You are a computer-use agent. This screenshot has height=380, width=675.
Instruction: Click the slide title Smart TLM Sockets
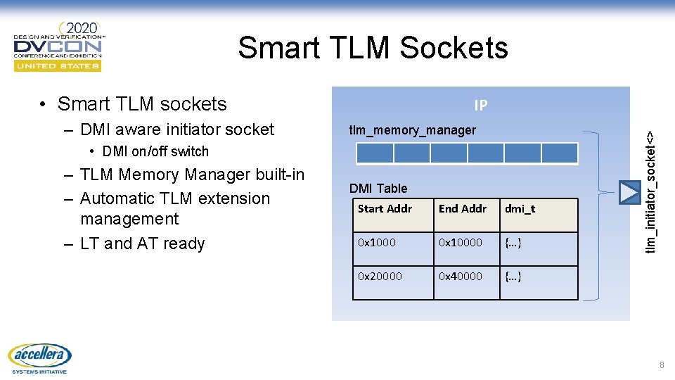[373, 48]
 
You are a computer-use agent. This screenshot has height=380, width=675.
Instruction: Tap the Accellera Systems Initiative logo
[39, 357]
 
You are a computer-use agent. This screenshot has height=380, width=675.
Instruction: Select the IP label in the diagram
[481, 106]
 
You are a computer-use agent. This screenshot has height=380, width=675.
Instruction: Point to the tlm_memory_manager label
[413, 130]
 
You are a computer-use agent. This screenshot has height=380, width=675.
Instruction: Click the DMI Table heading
[378, 188]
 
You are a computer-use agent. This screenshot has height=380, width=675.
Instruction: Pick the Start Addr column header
[385, 208]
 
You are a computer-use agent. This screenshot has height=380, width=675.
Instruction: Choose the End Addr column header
[463, 208]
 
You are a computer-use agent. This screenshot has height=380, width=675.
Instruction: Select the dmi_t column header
[520, 208]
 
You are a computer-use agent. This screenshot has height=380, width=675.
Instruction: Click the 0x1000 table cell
[377, 242]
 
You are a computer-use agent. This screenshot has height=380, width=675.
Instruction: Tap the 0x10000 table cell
[461, 242]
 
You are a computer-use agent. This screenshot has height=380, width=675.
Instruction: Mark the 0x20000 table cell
[380, 276]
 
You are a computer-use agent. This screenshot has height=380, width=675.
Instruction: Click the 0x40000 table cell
[461, 276]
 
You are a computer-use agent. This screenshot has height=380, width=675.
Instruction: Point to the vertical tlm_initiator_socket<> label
[652, 191]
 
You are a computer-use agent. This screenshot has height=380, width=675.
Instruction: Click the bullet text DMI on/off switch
[155, 151]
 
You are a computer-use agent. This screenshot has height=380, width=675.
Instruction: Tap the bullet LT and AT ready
[142, 243]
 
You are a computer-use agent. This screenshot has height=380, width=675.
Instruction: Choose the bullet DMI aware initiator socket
[177, 129]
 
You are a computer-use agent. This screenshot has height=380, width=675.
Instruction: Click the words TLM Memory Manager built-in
[193, 175]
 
